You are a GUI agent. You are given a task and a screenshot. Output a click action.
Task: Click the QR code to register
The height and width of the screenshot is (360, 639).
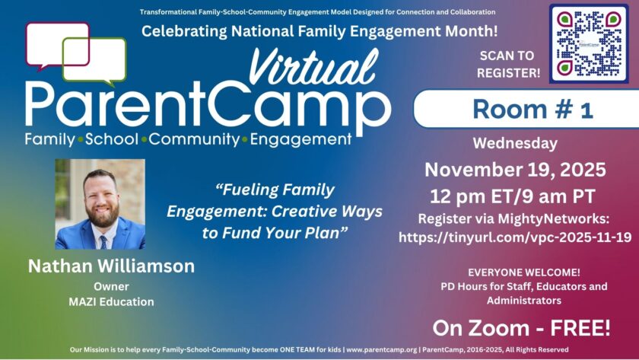[589, 43]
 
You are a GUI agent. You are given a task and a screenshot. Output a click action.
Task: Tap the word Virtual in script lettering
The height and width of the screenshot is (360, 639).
[313, 67]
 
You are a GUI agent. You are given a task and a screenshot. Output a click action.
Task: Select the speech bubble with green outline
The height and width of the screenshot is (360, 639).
[94, 61]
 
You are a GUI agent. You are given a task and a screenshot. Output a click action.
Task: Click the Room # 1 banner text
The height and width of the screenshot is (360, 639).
[532, 110]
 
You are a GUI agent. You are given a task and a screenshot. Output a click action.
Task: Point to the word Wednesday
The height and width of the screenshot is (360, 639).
[515, 144]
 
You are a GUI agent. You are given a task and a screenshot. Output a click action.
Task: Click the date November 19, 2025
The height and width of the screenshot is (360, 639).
[515, 170]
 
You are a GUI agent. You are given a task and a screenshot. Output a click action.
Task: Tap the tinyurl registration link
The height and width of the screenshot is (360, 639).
[515, 237]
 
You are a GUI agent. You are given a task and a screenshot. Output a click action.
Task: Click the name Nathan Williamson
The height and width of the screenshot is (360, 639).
[111, 266]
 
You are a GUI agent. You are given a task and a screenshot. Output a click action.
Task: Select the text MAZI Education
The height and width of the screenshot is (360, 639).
[111, 301]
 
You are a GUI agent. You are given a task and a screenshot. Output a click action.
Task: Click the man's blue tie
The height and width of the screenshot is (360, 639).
[103, 242]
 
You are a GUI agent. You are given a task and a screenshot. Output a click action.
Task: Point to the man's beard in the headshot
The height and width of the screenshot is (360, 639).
[101, 215]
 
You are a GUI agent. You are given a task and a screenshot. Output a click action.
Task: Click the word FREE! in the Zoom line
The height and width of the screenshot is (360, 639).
[580, 328]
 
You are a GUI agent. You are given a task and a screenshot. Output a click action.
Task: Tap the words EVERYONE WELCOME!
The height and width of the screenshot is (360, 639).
[524, 272]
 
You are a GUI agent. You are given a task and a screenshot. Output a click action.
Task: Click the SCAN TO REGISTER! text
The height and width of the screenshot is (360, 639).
[508, 64]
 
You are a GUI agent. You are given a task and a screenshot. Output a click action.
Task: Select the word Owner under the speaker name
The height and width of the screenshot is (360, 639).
[111, 286]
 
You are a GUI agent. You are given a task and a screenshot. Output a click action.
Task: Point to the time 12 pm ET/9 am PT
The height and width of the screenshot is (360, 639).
[513, 196]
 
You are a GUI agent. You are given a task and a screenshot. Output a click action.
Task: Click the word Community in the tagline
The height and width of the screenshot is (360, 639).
[195, 139]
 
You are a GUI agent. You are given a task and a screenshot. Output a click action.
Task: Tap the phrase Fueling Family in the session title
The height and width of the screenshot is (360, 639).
[275, 190]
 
